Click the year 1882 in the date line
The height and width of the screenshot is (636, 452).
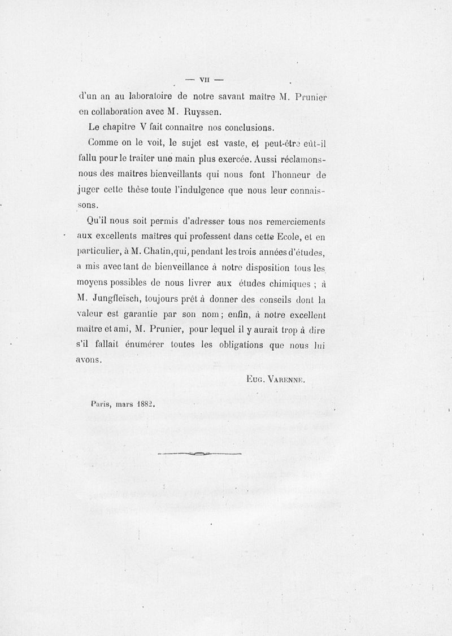coord(145,404)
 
